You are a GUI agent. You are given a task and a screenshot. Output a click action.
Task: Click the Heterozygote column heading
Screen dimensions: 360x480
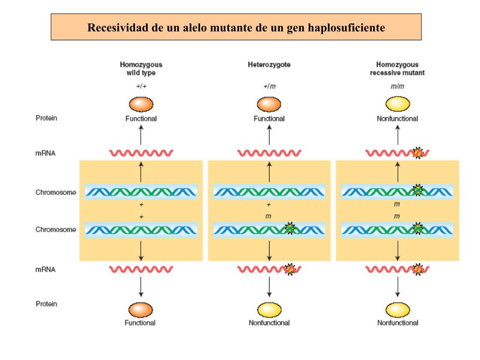point(269,65)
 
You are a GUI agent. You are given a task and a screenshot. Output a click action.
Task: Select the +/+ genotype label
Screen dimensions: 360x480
point(141,86)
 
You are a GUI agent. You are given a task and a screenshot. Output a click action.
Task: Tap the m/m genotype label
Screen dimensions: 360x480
point(397,86)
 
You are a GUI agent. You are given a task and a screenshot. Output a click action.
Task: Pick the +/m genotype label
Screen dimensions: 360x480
point(269,86)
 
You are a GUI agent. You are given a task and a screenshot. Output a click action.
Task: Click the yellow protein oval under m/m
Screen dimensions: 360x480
point(397,104)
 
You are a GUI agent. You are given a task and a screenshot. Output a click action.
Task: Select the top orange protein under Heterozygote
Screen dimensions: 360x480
point(269,104)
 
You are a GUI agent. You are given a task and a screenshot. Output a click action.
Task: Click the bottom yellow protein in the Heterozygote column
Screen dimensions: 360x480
point(269,309)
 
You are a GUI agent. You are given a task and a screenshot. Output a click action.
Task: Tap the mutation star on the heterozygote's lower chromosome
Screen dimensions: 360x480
point(290,229)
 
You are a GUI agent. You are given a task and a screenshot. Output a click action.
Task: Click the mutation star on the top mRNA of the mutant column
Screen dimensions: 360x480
point(418,153)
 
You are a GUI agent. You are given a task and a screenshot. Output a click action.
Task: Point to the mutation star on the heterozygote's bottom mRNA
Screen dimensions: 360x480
point(290,269)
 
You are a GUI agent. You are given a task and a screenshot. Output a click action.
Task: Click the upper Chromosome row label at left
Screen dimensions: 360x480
point(56,192)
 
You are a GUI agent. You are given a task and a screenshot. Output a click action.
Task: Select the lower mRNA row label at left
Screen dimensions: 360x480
point(46,270)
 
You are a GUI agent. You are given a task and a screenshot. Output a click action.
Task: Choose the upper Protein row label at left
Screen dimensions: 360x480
point(46,118)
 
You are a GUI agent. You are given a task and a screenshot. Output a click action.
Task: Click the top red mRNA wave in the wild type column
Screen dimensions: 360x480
point(141,153)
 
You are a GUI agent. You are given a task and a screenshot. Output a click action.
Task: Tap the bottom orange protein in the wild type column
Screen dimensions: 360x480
point(141,309)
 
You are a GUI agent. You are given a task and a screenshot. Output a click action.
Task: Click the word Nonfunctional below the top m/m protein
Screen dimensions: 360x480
point(397,119)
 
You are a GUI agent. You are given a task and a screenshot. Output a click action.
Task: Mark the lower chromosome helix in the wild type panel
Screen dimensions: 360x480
point(141,230)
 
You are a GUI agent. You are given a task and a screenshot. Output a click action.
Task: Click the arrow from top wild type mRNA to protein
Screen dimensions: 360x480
point(141,136)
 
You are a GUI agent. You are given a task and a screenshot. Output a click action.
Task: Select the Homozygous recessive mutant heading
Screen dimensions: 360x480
point(397,68)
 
